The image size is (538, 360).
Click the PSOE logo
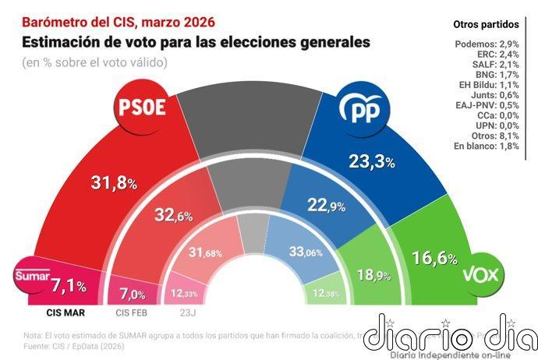(141, 108)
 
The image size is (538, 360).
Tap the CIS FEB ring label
(133, 314)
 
